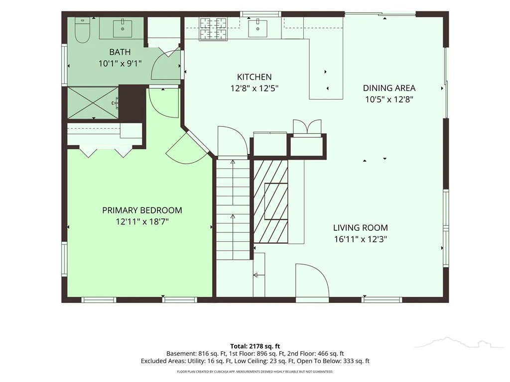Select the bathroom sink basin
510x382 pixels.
(x=123, y=28)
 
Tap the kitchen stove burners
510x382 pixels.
(x=213, y=28)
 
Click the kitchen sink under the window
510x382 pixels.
(x=257, y=28)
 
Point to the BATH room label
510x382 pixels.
(x=120, y=52)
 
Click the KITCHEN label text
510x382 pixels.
(x=255, y=77)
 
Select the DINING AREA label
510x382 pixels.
(x=389, y=88)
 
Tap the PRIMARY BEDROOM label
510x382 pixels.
(x=142, y=210)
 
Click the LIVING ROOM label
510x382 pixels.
(x=361, y=228)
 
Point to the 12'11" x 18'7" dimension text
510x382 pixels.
(x=142, y=222)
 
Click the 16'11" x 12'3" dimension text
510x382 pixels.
(x=361, y=239)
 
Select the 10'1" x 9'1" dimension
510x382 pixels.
(x=120, y=63)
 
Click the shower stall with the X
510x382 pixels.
(x=93, y=102)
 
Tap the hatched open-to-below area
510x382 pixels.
(x=270, y=201)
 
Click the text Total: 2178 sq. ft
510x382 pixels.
(x=255, y=346)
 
